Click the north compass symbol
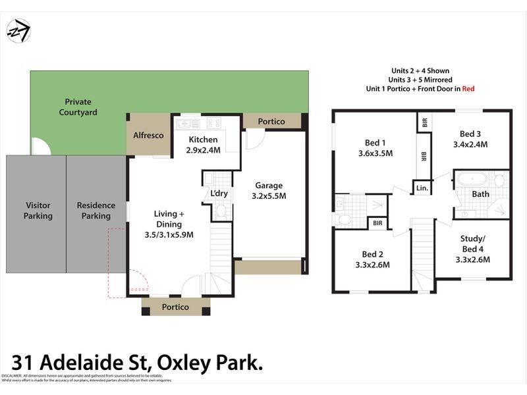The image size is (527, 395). coord(18,30)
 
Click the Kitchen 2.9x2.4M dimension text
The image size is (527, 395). coord(204,149)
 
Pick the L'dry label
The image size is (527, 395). coord(219,194)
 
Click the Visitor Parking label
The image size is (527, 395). coord(38,211)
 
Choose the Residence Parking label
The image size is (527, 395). coord(96,211)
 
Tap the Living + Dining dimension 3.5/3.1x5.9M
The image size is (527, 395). coord(169,234)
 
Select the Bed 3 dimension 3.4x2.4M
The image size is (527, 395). coord(470,144)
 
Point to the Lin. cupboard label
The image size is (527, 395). coord(423,188)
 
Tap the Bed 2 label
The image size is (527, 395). coord(372,254)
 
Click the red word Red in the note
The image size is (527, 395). coord(468,88)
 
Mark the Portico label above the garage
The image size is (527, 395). coord(271,121)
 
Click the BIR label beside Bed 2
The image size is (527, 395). coord(377,223)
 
